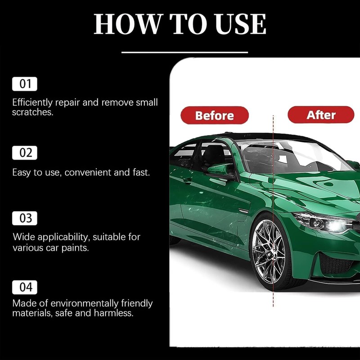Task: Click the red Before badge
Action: pos(215,115)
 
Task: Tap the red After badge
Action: pos(321,115)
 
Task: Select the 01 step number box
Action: pos(25,84)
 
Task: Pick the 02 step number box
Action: pos(25,153)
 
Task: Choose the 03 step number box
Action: pos(25,218)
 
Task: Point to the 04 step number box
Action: pos(25,287)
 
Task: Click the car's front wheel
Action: pos(270,251)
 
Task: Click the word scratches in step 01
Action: pos(32,112)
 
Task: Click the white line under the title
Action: pos(184,52)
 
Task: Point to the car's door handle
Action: pos(188,180)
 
